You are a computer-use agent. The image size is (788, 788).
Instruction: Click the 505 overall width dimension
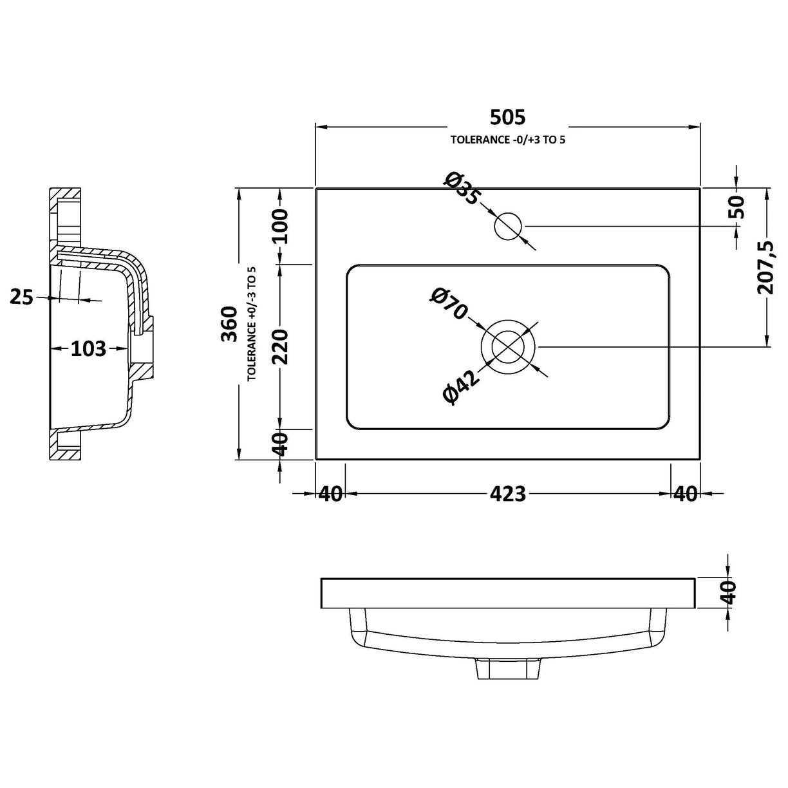point(507,117)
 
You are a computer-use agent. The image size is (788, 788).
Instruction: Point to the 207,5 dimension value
point(766,267)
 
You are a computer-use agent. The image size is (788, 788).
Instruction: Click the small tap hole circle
point(508,227)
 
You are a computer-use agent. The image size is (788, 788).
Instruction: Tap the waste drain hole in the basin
point(508,346)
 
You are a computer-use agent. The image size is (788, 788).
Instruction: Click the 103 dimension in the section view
point(88,348)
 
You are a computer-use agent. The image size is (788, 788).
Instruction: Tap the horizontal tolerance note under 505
point(507,140)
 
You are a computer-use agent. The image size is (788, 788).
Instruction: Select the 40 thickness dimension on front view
point(727,592)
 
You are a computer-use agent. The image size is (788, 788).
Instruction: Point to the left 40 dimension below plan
point(330,494)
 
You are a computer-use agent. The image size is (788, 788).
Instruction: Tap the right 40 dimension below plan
point(685,494)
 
